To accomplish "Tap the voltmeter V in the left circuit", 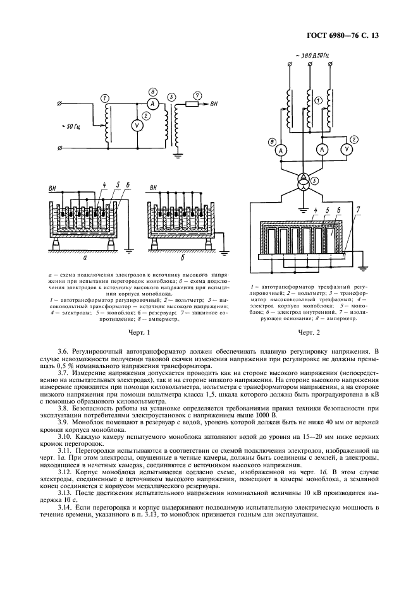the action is [x=137, y=126].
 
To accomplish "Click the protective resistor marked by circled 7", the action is [x=192, y=104].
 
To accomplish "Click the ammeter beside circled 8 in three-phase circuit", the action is [x=281, y=150].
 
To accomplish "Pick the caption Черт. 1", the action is [x=137, y=332].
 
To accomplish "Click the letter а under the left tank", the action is [x=85, y=258].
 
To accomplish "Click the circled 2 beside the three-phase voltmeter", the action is [x=353, y=140].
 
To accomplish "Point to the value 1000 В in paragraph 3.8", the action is [x=267, y=415].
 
